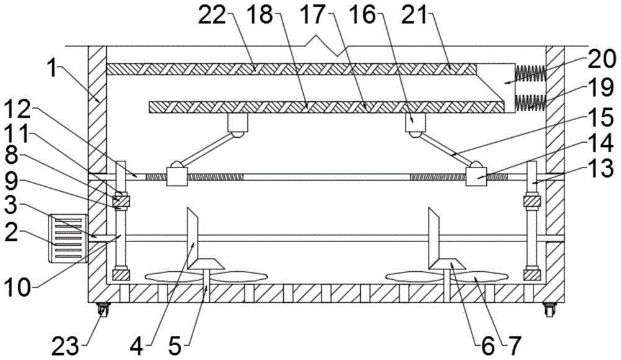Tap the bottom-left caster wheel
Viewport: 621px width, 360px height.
pos(102,309)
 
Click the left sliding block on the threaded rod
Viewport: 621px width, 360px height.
pos(176,178)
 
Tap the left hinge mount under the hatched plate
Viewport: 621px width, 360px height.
pos(237,123)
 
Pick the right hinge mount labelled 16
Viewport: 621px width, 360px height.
pos(414,123)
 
